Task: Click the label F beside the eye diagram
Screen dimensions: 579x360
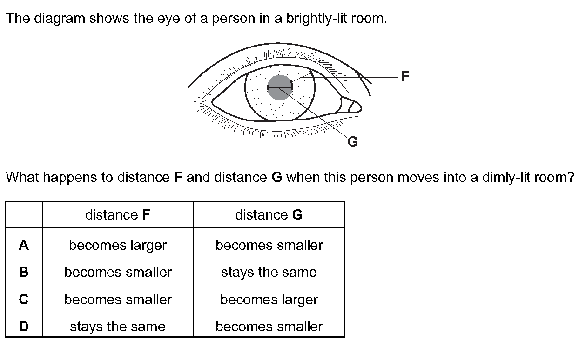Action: [x=405, y=76]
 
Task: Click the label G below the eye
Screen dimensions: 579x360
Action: [x=353, y=141]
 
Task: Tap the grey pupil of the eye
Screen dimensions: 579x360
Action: [x=280, y=87]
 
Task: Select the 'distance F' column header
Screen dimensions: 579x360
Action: [x=118, y=214]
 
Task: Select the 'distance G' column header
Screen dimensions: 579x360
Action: [x=269, y=214]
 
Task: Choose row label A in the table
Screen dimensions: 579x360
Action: [x=24, y=245]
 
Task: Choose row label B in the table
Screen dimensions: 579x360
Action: [x=24, y=272]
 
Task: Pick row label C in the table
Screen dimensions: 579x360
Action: [x=24, y=300]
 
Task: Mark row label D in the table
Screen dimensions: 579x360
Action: [x=24, y=326]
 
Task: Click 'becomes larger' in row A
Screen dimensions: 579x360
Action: [x=118, y=245]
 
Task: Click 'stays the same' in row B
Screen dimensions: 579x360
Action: [x=269, y=273]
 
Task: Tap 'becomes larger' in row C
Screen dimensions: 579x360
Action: [x=269, y=300]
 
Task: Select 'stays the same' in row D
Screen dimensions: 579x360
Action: [x=118, y=327]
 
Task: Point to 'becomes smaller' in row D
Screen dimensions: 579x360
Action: [x=269, y=327]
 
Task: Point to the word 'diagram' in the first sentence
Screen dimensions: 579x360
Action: [x=60, y=19]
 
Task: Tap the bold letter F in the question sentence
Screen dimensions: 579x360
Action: [x=178, y=177]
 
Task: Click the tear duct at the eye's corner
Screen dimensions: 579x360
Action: [x=351, y=105]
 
